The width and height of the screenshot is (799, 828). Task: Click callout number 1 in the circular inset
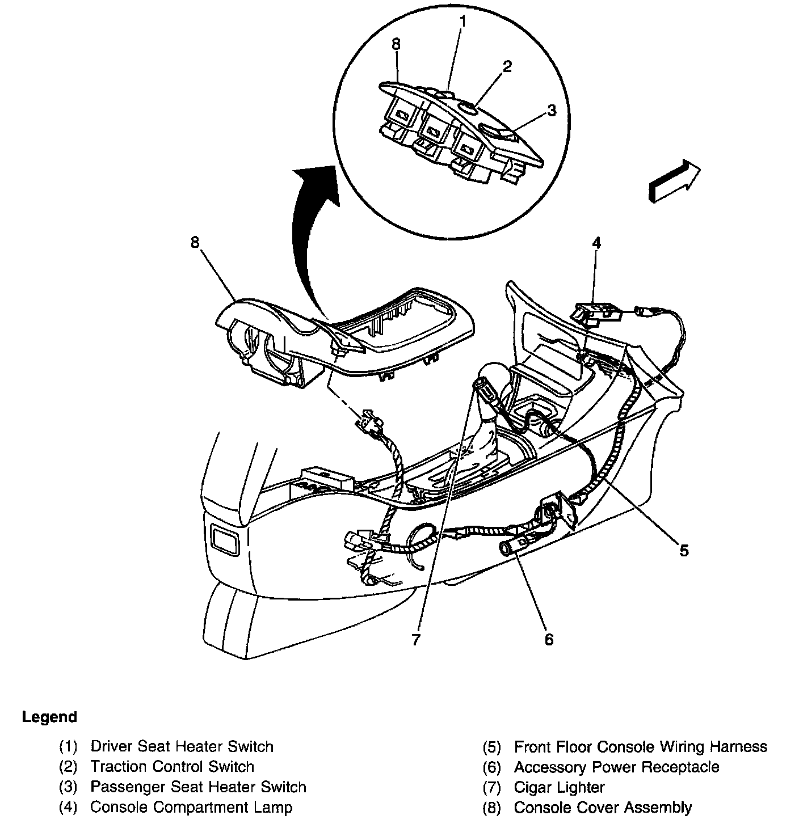tap(463, 22)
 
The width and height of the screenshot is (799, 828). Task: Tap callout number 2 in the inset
tap(507, 67)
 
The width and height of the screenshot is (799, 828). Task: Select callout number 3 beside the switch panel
tap(552, 111)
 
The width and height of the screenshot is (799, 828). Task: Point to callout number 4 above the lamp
tap(596, 243)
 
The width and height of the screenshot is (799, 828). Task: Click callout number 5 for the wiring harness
tap(684, 550)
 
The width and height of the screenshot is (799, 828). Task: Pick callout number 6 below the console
tap(548, 639)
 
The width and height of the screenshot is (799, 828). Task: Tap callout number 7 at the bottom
tap(416, 640)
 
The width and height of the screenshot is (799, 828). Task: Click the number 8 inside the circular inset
tap(396, 44)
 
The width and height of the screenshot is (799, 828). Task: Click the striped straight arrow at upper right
tap(674, 180)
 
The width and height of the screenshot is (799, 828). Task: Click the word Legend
tap(49, 717)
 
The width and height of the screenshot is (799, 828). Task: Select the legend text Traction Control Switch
tap(172, 767)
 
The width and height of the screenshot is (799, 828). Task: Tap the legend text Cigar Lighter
tap(559, 787)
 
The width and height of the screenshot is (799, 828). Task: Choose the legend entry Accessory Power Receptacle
tap(616, 767)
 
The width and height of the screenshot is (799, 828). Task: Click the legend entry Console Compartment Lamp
tap(191, 807)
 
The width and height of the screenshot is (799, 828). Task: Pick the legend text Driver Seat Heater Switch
tap(182, 746)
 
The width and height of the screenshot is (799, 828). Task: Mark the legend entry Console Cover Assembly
tap(603, 807)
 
